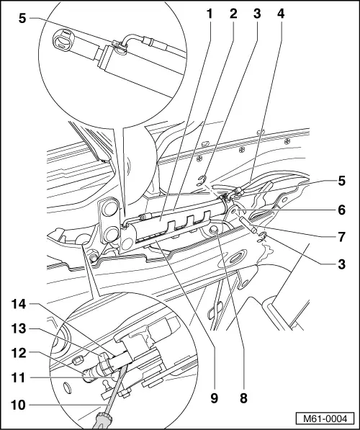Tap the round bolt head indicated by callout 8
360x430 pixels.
215,230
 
